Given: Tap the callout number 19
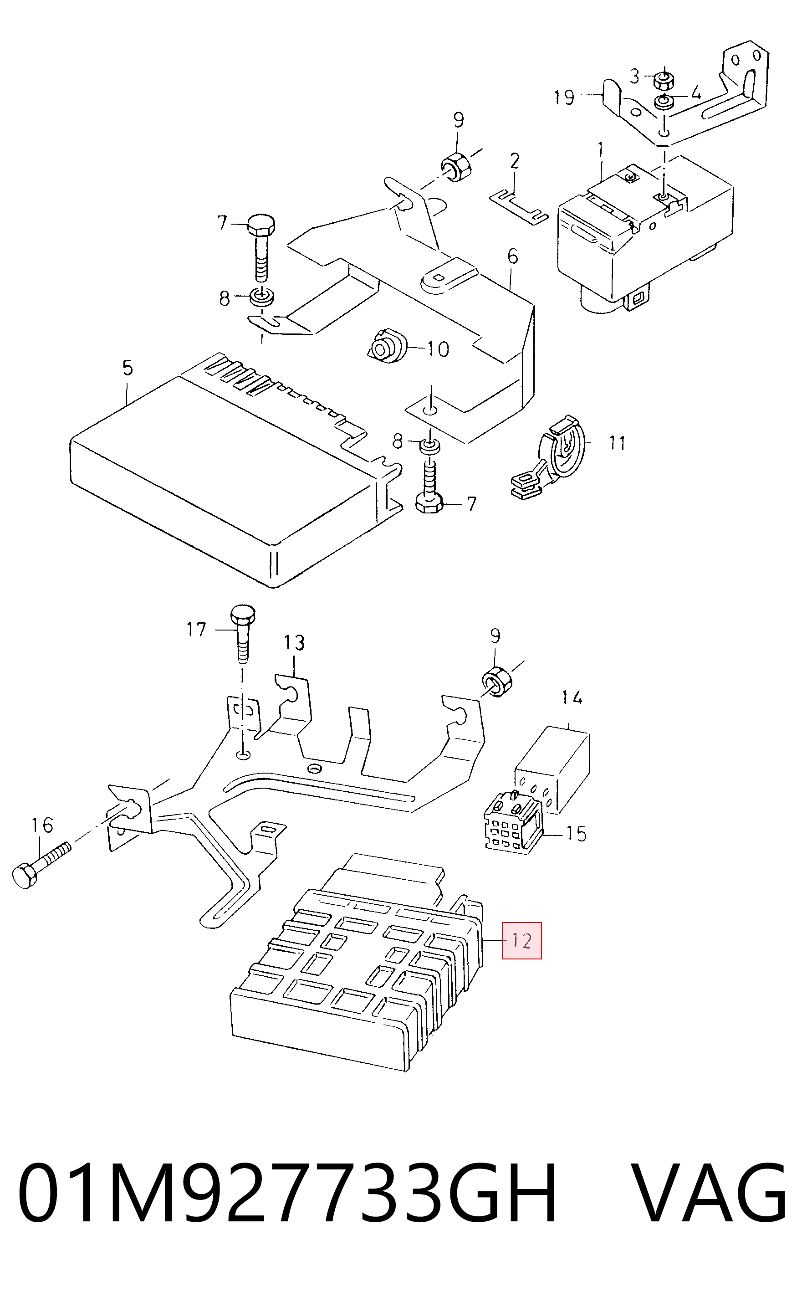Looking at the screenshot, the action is click(x=564, y=97).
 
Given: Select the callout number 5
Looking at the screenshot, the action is click(x=127, y=368).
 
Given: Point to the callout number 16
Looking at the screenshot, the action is click(x=42, y=825).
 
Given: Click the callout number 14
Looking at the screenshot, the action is click(x=572, y=697).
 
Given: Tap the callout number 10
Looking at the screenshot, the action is click(x=438, y=349).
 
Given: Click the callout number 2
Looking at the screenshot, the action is click(x=514, y=161).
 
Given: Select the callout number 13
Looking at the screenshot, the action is click(x=294, y=643).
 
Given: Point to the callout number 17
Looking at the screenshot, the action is click(x=196, y=630).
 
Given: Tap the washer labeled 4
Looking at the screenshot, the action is click(x=664, y=102).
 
